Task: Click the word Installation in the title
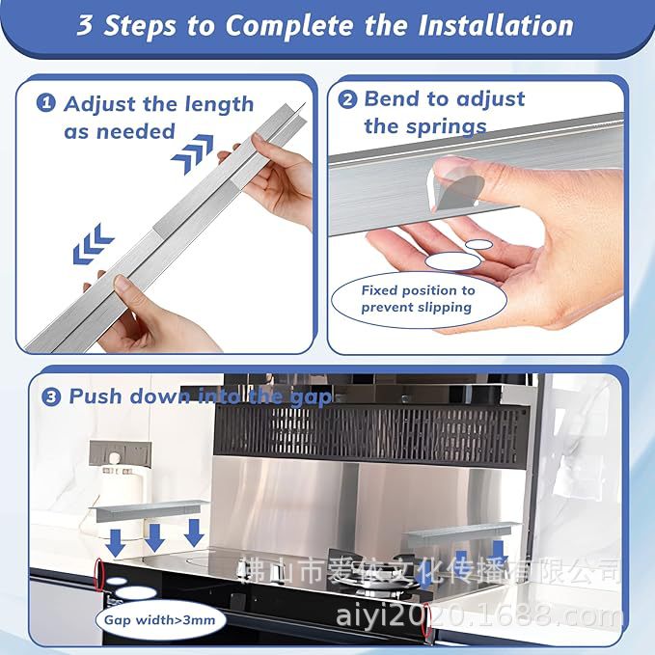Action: (496, 25)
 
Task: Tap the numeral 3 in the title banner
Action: (85, 25)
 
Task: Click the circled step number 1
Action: (46, 103)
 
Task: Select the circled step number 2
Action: (347, 99)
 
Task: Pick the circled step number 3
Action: (51, 396)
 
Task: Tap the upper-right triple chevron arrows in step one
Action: (192, 152)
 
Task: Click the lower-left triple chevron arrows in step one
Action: (93, 244)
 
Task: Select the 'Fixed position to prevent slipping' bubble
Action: (419, 299)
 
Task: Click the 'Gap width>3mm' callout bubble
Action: (160, 620)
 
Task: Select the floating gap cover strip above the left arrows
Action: (149, 510)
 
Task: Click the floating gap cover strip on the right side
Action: (462, 533)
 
